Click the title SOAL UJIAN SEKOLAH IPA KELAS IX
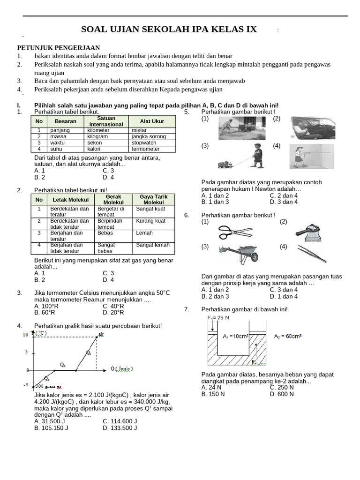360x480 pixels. (x=169, y=30)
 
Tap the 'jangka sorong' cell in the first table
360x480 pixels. (x=149, y=136)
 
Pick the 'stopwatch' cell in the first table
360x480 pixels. (x=144, y=142)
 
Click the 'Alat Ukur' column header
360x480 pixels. (x=152, y=121)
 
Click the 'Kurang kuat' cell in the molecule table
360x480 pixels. (x=150, y=221)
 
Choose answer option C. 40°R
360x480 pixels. (x=113, y=306)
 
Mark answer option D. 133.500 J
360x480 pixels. (x=120, y=427)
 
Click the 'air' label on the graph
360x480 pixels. (x=101, y=334)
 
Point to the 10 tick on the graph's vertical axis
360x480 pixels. (x=25, y=335)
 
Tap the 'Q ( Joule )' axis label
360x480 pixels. (x=121, y=368)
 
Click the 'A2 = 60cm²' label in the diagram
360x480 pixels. (x=288, y=336)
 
